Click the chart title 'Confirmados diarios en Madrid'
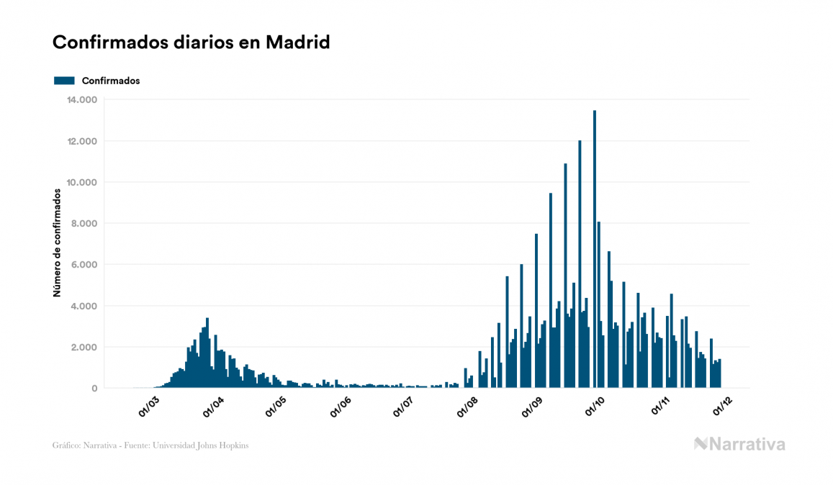[x=191, y=42]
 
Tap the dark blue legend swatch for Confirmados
[x=64, y=81]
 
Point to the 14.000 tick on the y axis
[x=81, y=99]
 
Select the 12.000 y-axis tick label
[x=81, y=141]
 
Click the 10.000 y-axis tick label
[x=81, y=182]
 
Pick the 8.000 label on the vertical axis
[x=84, y=224]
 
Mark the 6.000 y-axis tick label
[x=84, y=265]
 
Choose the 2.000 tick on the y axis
[x=84, y=348]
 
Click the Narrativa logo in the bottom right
[x=739, y=444]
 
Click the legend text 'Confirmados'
[x=111, y=81]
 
